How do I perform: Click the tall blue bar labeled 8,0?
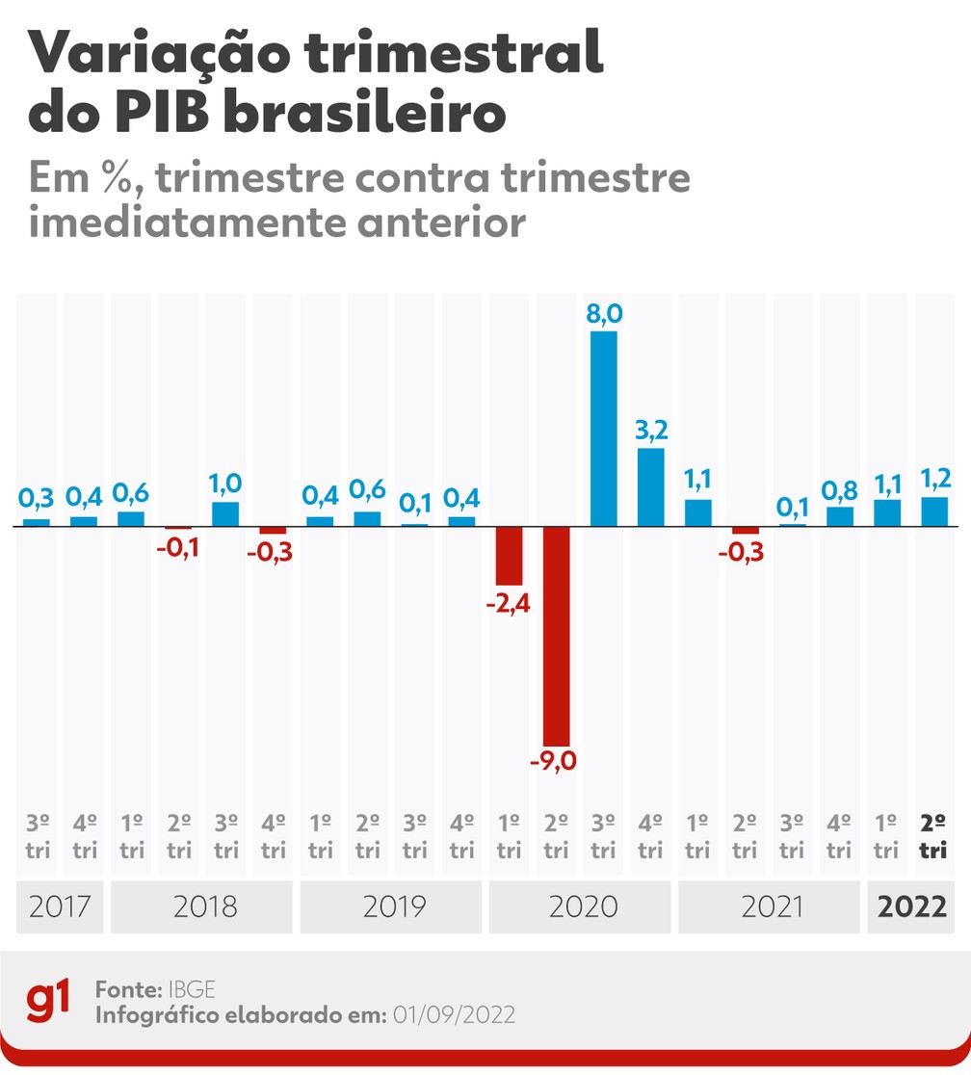(603, 429)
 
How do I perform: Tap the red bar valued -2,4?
(509, 556)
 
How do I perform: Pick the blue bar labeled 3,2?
(650, 487)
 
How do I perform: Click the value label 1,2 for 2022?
(934, 477)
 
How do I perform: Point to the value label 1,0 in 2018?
(225, 482)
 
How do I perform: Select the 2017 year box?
(60, 906)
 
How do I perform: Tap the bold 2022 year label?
(911, 906)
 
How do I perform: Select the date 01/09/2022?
(454, 1014)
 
